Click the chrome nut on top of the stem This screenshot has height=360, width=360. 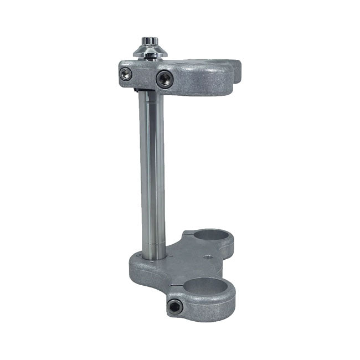[149, 42]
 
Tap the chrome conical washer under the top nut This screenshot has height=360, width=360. [148, 53]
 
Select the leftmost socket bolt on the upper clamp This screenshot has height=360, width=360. [127, 73]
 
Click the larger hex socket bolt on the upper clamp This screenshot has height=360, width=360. [164, 79]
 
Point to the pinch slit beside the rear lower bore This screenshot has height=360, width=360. [189, 235]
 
